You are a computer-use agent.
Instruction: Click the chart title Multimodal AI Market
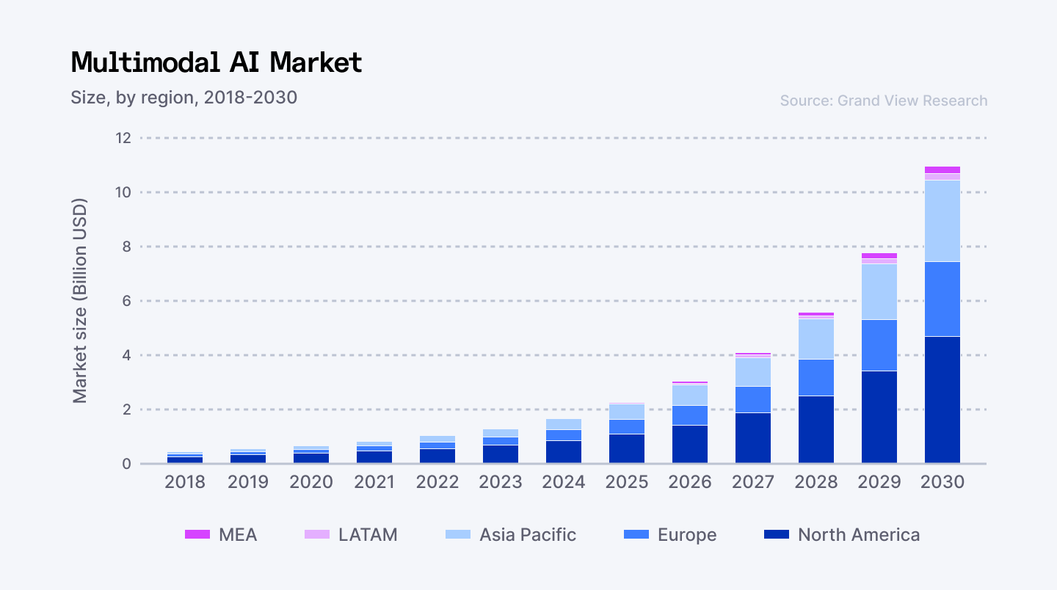tap(217, 63)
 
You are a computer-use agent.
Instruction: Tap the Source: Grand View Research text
tap(883, 101)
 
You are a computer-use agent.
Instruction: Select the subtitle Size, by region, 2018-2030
tap(184, 97)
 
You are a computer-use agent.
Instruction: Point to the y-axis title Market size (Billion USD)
tap(80, 300)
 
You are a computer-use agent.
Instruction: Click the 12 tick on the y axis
tap(122, 138)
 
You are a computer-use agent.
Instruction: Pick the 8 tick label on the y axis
tap(126, 247)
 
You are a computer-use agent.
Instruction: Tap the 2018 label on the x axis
tap(185, 482)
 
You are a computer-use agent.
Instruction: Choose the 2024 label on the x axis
tap(564, 482)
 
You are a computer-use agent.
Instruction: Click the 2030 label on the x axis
tap(942, 482)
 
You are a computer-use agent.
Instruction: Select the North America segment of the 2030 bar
tap(942, 400)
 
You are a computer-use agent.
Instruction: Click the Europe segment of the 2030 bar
tap(942, 299)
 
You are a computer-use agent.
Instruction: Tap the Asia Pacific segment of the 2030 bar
tap(942, 220)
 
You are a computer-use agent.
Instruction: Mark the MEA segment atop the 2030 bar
tap(942, 170)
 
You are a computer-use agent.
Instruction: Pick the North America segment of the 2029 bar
tap(879, 417)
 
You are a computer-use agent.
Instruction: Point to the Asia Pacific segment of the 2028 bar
tap(816, 339)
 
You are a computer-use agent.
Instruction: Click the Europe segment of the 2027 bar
tap(753, 399)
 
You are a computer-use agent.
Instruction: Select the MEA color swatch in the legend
tap(197, 535)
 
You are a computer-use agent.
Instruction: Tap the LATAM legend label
tap(368, 535)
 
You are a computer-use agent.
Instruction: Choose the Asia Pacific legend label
tap(528, 535)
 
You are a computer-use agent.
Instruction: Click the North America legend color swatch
tap(777, 535)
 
